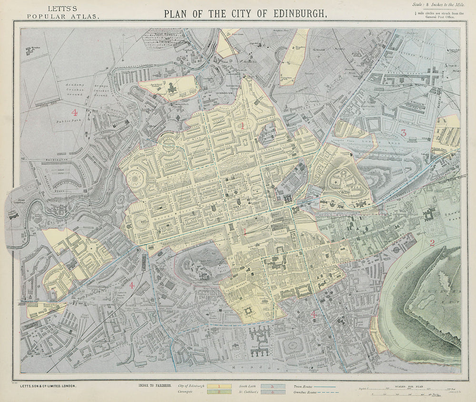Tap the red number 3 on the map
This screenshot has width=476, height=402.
pyautogui.click(x=403, y=133)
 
